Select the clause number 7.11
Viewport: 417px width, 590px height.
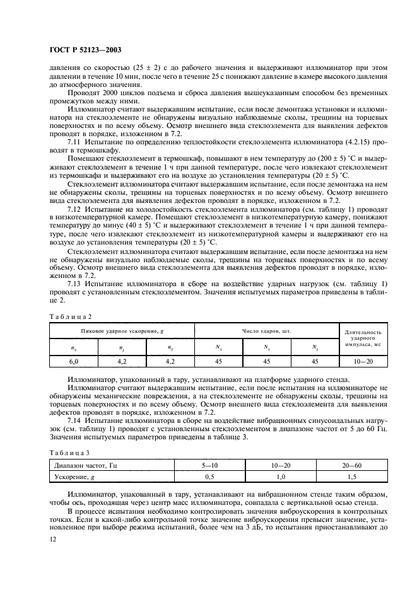point(73,142)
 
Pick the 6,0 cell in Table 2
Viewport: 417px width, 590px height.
point(73,361)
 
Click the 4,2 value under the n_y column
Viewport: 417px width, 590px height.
point(122,361)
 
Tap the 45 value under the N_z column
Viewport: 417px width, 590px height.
point(314,361)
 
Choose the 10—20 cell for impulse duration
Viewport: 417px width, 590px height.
point(364,361)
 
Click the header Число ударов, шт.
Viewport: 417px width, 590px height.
point(266,330)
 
